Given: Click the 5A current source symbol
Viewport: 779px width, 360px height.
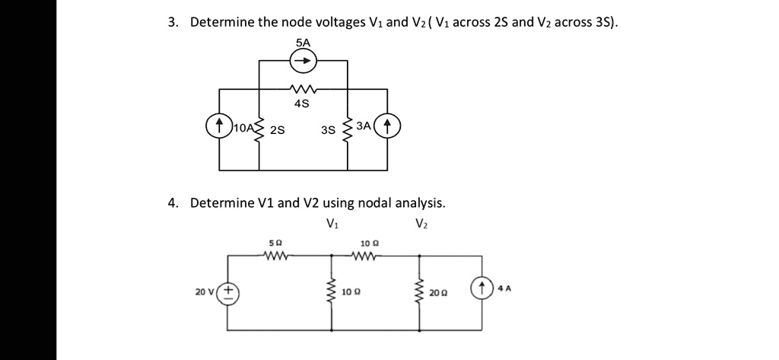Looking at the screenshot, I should [x=304, y=60].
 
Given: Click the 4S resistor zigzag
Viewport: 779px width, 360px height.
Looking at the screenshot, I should [x=304, y=88].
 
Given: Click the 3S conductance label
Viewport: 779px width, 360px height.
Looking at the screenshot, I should [x=328, y=130].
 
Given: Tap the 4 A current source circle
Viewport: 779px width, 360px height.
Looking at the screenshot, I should [x=480, y=289].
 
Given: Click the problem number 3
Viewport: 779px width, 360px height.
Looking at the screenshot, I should [x=173, y=23].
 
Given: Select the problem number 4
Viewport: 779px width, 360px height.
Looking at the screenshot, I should [x=173, y=203].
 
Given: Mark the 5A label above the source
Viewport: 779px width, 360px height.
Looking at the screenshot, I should [x=304, y=43].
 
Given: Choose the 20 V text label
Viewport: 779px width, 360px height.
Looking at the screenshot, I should [x=205, y=292].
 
